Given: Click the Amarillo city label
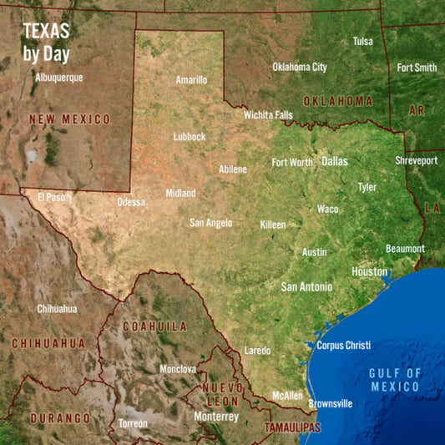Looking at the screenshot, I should [x=191, y=80].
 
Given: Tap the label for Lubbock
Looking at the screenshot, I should [x=189, y=136].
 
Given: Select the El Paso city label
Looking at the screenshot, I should [x=51, y=198].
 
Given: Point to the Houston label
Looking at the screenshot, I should [x=369, y=271].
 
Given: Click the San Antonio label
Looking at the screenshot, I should [x=306, y=286].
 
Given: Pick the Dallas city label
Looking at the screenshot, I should [x=335, y=161].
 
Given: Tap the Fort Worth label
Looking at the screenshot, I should [x=292, y=163].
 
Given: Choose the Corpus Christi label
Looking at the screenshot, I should [x=344, y=345].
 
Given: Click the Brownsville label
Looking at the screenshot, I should [x=331, y=404].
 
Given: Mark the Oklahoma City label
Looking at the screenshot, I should [x=300, y=67].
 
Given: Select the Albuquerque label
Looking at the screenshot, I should [x=59, y=78].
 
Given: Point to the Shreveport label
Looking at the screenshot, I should [x=416, y=160].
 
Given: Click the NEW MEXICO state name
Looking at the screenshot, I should [x=69, y=119].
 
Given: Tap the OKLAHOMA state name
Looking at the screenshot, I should [x=337, y=101].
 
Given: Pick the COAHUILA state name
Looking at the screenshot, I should [x=155, y=326].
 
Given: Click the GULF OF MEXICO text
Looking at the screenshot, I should [x=395, y=380].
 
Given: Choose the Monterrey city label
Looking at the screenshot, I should [x=216, y=416].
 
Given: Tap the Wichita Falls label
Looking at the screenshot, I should [x=268, y=114].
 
